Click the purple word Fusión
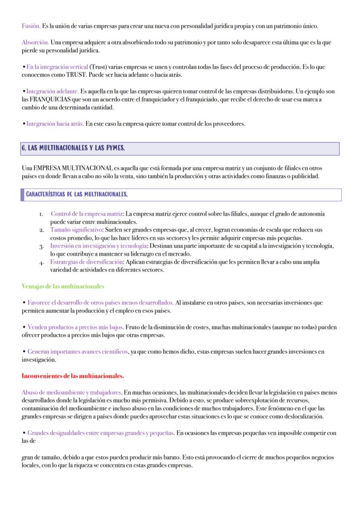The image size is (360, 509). point(30,26)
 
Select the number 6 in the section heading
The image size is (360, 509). point(23,148)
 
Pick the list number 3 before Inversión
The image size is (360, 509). point(40,247)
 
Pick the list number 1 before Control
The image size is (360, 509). point(40,214)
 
